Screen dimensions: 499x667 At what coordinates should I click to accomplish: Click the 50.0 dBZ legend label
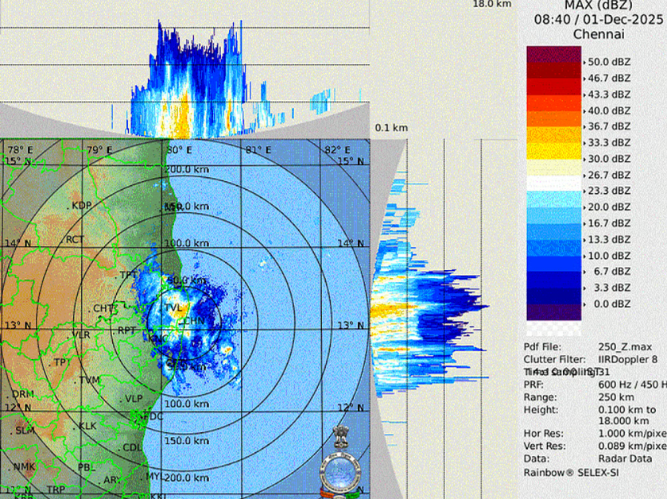pos(609,61)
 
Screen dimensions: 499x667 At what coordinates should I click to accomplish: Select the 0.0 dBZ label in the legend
pos(609,304)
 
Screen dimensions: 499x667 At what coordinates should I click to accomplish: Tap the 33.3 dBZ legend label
pos(609,142)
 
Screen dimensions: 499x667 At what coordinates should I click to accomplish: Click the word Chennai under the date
pos(599,34)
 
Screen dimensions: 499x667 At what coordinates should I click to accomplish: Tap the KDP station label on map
pos(82,206)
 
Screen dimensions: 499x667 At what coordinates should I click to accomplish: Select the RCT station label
pos(75,239)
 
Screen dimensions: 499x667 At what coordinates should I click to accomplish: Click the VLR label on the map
pos(80,335)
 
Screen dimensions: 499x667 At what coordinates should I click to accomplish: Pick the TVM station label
pos(89,380)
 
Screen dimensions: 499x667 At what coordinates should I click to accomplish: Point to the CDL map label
pos(132,448)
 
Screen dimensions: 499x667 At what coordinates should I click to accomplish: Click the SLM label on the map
pos(25,430)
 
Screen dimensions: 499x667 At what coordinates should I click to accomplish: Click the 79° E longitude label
pos(99,150)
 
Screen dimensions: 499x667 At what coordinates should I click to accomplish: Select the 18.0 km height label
pos(492,4)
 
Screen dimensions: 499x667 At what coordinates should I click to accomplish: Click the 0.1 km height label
pos(391,128)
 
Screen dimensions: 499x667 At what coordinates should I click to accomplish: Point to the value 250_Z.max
pos(625,346)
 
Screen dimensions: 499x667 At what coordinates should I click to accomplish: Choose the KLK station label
pos(87,426)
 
